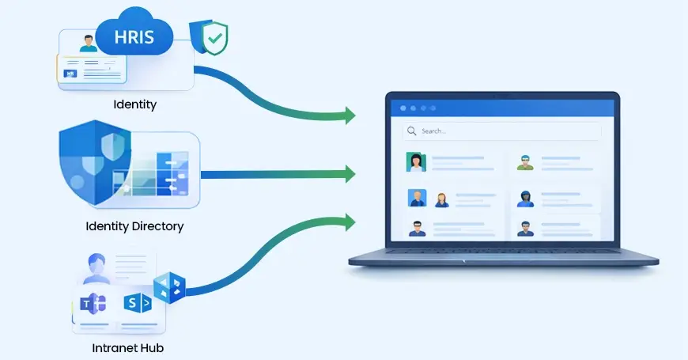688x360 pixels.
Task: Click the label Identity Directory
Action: [134, 226]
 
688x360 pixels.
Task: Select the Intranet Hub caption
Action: [127, 347]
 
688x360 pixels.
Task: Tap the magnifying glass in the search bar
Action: [410, 131]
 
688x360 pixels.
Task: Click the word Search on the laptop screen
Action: [433, 131]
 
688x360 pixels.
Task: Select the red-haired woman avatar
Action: [441, 199]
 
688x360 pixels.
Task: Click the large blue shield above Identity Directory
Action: [94, 161]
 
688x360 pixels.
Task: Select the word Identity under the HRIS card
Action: [135, 104]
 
